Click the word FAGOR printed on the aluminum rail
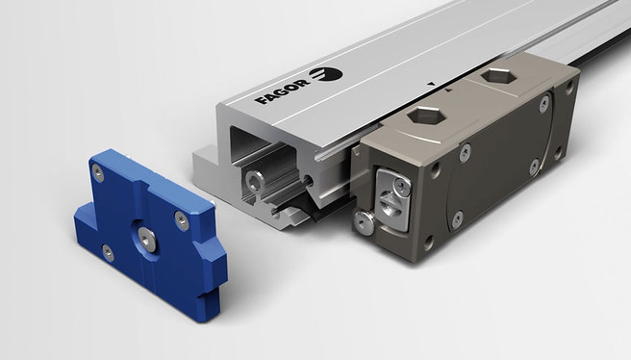[282, 91]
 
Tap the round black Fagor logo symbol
[326, 74]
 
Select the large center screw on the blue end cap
[147, 239]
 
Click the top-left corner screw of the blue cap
[98, 173]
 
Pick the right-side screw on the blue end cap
[182, 220]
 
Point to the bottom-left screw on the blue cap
[108, 253]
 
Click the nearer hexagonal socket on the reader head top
[426, 116]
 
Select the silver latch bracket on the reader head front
[393, 199]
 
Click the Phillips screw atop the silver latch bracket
[402, 186]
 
